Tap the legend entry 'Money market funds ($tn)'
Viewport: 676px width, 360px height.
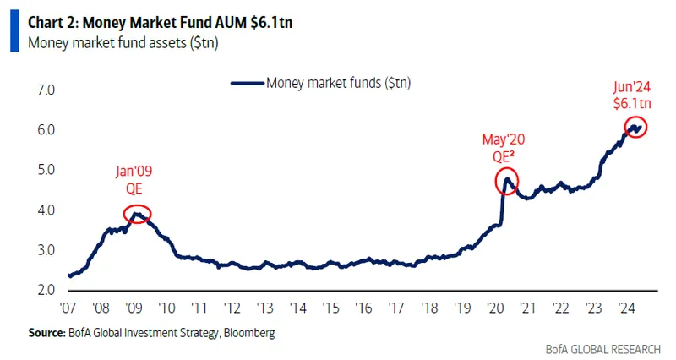click(x=320, y=83)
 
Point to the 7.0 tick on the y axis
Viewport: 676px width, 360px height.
click(x=44, y=90)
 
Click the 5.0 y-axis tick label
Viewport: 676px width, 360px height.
click(x=44, y=170)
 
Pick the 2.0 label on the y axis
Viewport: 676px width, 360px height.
click(x=44, y=291)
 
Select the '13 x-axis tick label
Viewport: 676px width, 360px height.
click(x=264, y=308)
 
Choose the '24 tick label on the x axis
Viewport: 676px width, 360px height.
click(x=626, y=308)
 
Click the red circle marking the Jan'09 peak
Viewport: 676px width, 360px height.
click(x=137, y=214)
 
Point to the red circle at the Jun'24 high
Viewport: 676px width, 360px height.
click(x=635, y=128)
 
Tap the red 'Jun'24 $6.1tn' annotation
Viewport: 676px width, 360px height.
click(x=632, y=94)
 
